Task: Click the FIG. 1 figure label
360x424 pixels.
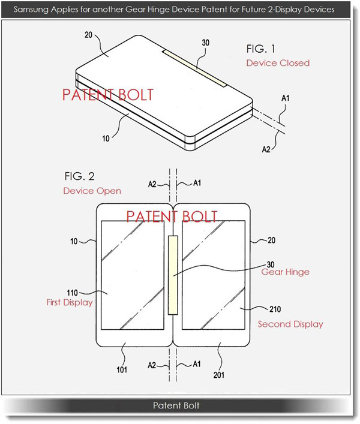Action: pos(260,49)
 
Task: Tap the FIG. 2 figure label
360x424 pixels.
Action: pos(80,176)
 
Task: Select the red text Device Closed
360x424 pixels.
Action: pos(278,63)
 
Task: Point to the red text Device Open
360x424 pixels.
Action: pos(92,191)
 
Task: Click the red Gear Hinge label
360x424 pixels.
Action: pos(286,272)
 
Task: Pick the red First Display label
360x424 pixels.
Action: pos(70,302)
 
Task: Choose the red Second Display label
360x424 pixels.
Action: pos(290,324)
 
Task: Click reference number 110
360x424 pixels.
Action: pos(72,293)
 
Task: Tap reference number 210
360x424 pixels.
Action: pos(275,309)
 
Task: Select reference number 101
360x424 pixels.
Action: pos(122,369)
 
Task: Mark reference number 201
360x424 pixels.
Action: pos(219,375)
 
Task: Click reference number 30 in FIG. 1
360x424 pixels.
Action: pos(206,43)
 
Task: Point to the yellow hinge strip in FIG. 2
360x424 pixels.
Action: pos(173,275)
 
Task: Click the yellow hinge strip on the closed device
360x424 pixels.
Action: pos(195,68)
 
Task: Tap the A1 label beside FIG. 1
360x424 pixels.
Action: pos(286,98)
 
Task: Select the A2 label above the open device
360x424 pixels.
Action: pos(152,185)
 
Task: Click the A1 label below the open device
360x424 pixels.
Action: pos(197,364)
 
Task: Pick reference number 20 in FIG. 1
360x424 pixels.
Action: pos(88,35)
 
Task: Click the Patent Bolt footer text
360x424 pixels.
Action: pos(176,405)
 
